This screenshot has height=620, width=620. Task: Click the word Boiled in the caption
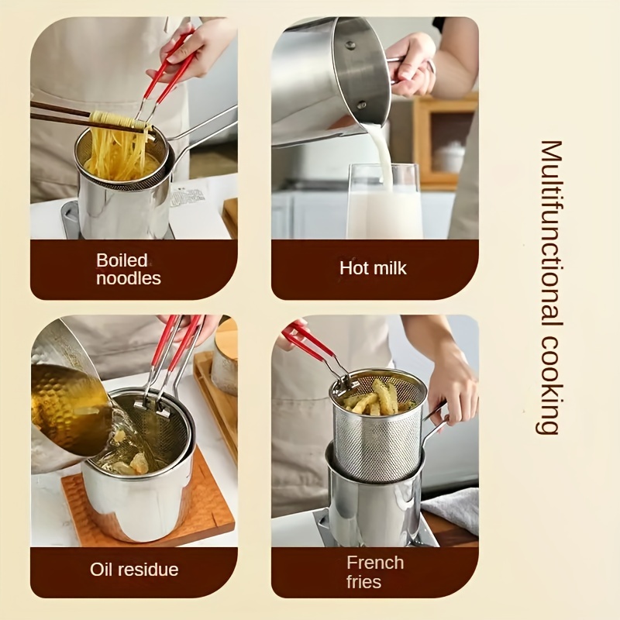click(122, 260)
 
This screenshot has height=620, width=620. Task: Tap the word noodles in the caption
click(129, 278)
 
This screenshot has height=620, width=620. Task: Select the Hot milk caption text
click(373, 269)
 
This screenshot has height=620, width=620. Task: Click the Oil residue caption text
click(134, 570)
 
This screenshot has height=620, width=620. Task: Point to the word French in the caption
click(375, 563)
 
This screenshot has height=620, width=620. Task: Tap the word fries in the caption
click(364, 581)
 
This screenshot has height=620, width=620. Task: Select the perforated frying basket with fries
click(379, 430)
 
